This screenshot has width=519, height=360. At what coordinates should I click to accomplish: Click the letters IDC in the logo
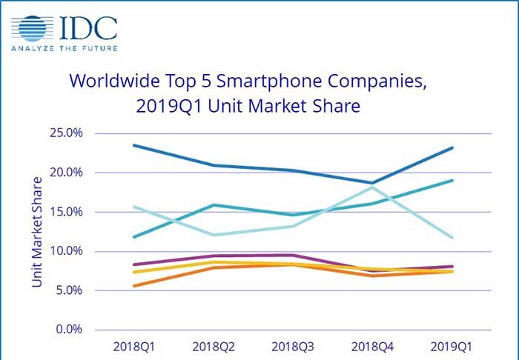(x=90, y=27)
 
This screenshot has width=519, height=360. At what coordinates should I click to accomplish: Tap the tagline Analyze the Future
(x=63, y=50)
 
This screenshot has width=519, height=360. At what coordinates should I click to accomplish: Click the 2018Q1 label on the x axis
(x=133, y=346)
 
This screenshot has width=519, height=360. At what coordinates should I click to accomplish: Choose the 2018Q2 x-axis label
(x=215, y=346)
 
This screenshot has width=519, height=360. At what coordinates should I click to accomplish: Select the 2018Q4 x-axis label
(x=372, y=346)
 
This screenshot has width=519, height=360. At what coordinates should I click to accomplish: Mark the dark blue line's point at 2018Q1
(x=133, y=145)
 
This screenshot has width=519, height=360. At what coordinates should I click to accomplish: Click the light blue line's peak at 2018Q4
(x=372, y=187)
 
